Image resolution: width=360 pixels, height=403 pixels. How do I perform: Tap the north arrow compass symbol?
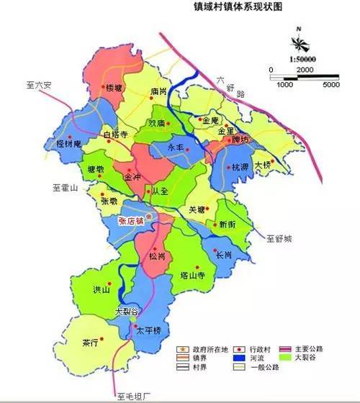click(297, 38)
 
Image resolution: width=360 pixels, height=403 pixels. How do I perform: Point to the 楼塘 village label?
click(114, 89)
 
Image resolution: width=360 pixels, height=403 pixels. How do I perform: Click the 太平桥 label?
click(148, 330)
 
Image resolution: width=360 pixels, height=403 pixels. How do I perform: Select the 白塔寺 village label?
click(115, 135)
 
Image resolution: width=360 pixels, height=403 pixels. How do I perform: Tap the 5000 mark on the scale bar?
click(331, 85)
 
